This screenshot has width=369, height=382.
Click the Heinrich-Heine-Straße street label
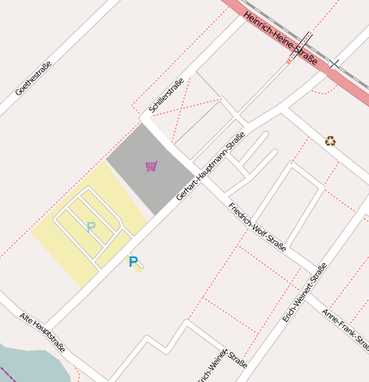[x=280, y=39]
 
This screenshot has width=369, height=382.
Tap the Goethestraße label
[x=34, y=77]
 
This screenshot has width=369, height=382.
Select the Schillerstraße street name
[x=166, y=96]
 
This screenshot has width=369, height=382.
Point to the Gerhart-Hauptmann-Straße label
[x=211, y=166]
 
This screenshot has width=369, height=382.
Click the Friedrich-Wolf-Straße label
[x=256, y=226]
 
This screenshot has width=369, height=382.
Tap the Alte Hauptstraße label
[x=42, y=332]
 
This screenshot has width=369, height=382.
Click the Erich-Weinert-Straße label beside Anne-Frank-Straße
[x=304, y=293]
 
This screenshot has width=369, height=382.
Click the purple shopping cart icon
[x=151, y=166]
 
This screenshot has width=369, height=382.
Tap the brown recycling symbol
[x=329, y=141]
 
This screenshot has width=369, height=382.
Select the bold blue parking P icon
[x=133, y=262]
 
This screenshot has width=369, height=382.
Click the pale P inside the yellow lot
[x=90, y=227]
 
